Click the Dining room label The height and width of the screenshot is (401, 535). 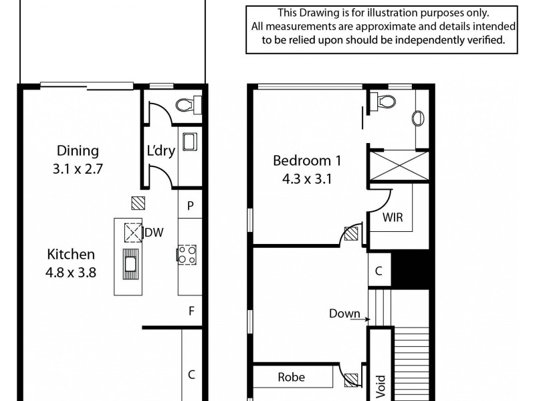(78, 151)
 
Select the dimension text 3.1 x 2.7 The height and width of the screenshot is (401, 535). (78, 169)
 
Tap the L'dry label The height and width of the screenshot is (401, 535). (160, 151)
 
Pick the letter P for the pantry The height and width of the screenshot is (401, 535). (191, 206)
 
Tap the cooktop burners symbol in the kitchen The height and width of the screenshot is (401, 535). (186, 254)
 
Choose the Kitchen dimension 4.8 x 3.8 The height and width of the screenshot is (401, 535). (71, 272)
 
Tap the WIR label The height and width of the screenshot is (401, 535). (392, 218)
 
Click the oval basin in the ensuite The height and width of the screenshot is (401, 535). (419, 118)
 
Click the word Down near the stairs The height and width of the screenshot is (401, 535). (345, 313)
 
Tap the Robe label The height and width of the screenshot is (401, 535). (292, 377)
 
